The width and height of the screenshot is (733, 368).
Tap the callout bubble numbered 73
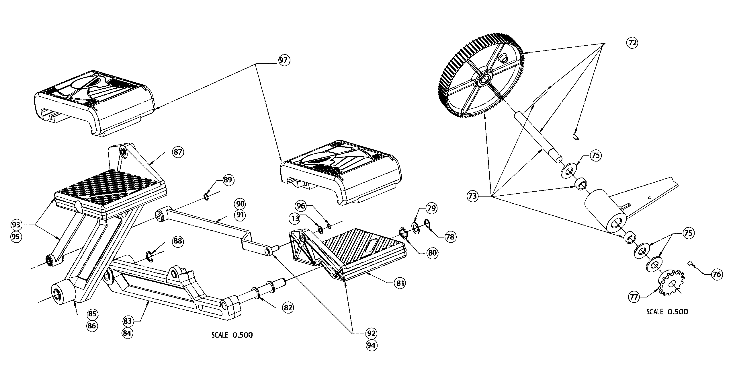pyautogui.click(x=472, y=196)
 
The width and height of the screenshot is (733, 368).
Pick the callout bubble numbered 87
pyautogui.click(x=178, y=152)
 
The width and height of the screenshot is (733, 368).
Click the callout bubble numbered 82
pyautogui.click(x=288, y=308)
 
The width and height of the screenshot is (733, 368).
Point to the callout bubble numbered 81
pyautogui.click(x=400, y=283)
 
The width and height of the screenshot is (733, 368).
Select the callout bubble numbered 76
pyautogui.click(x=716, y=274)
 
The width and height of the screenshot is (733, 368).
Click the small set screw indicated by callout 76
pyautogui.click(x=690, y=263)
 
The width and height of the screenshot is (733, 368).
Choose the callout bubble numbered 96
pyautogui.click(x=301, y=206)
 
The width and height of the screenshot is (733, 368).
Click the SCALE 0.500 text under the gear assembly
pyautogui.click(x=667, y=312)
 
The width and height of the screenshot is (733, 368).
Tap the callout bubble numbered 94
pyautogui.click(x=371, y=346)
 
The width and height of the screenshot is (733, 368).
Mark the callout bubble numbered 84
pyautogui.click(x=127, y=334)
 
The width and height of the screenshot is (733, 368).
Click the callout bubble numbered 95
pyautogui.click(x=16, y=237)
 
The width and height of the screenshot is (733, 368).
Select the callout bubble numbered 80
pyautogui.click(x=432, y=253)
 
